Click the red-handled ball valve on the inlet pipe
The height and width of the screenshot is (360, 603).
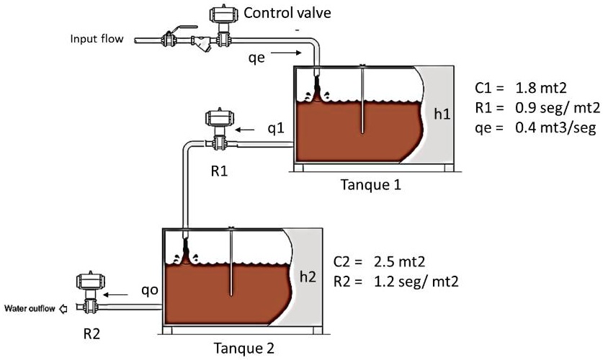tap(171, 37)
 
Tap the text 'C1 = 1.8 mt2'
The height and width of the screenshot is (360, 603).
tap(521, 89)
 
